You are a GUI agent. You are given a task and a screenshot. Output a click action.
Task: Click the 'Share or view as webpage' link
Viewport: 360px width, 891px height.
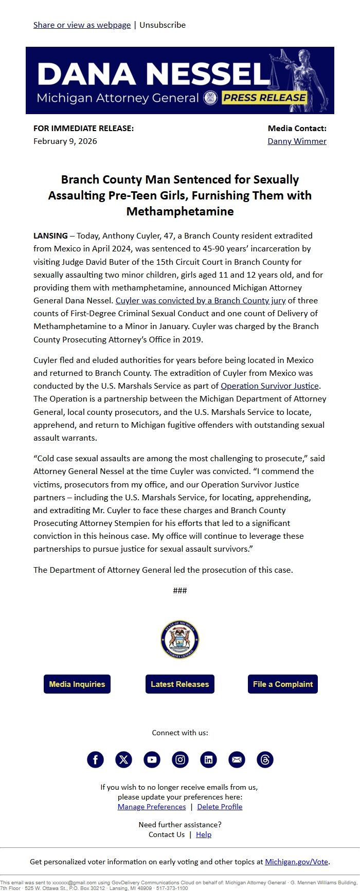click(x=82, y=25)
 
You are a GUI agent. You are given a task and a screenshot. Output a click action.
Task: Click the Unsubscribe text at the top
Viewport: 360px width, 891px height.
click(x=163, y=25)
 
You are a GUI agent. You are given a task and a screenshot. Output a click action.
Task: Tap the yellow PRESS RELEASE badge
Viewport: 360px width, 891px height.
click(x=264, y=98)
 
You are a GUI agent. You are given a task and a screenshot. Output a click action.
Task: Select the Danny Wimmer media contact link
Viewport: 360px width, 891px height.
click(x=297, y=141)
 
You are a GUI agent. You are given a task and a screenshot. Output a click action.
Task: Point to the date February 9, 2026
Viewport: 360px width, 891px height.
click(x=65, y=141)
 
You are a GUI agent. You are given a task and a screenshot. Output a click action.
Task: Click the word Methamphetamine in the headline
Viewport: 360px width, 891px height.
click(x=180, y=211)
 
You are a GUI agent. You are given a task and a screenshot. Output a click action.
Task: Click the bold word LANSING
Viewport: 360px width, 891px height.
click(x=50, y=235)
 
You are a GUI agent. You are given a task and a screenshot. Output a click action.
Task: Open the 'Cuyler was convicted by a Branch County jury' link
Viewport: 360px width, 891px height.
click(x=201, y=300)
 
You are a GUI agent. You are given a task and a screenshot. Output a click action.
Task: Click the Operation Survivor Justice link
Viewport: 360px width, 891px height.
click(x=270, y=386)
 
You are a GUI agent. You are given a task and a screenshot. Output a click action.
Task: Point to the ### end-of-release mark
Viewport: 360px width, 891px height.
click(x=180, y=590)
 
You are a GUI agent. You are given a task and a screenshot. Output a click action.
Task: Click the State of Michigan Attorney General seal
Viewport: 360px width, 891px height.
click(x=179, y=640)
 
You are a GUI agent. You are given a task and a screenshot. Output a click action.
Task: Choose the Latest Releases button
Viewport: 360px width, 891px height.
click(x=180, y=684)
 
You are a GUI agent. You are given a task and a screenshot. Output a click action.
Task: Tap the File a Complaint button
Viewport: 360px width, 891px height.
click(x=283, y=684)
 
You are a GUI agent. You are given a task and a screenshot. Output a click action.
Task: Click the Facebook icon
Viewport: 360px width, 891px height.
click(x=95, y=759)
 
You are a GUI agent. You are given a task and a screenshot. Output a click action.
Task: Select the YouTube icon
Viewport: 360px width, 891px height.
click(x=152, y=759)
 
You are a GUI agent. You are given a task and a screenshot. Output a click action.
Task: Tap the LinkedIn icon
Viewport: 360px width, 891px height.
click(x=208, y=759)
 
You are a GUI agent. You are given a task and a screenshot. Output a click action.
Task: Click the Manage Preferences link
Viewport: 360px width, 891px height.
click(x=152, y=807)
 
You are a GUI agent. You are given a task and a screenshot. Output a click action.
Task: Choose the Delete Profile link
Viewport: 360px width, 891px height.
click(x=220, y=807)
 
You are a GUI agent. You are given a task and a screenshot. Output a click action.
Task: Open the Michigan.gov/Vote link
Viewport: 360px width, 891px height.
click(x=297, y=862)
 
